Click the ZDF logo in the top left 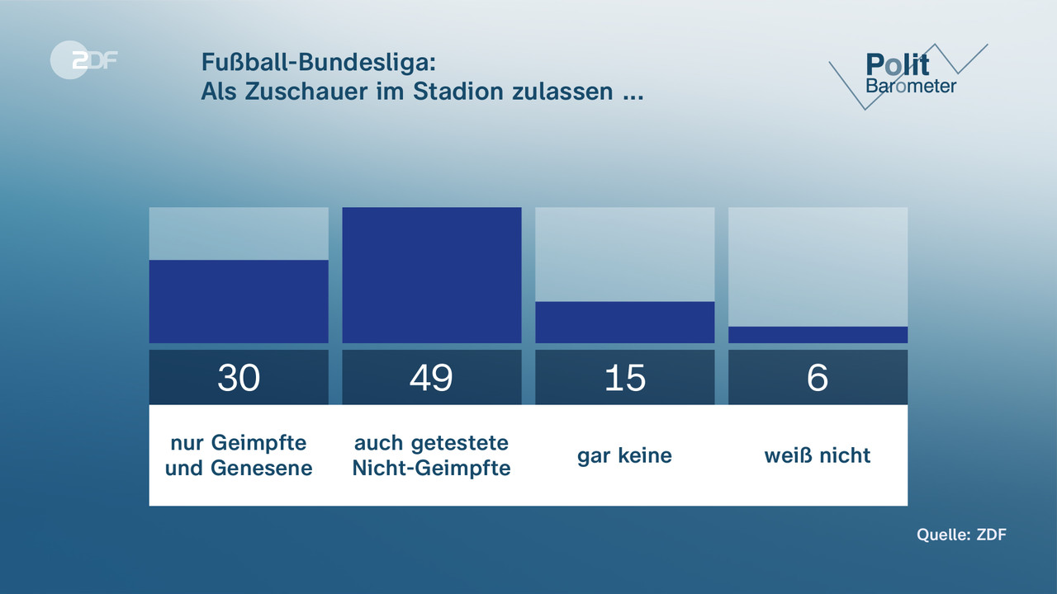[x=83, y=60]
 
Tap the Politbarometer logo [x=908, y=74]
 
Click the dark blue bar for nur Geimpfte [x=239, y=301]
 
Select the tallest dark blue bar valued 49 [x=432, y=275]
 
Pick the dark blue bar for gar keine [x=625, y=322]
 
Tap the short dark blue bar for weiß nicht [x=818, y=334]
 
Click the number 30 [x=239, y=378]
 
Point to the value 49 [x=432, y=378]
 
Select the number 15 [x=625, y=378]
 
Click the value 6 [x=818, y=378]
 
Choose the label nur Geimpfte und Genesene [x=239, y=455]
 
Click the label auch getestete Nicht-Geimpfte [x=432, y=455]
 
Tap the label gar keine [x=625, y=455]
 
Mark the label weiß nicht [x=818, y=455]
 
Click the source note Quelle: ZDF [x=961, y=535]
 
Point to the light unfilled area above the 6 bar [x=818, y=266]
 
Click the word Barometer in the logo [x=910, y=86]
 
